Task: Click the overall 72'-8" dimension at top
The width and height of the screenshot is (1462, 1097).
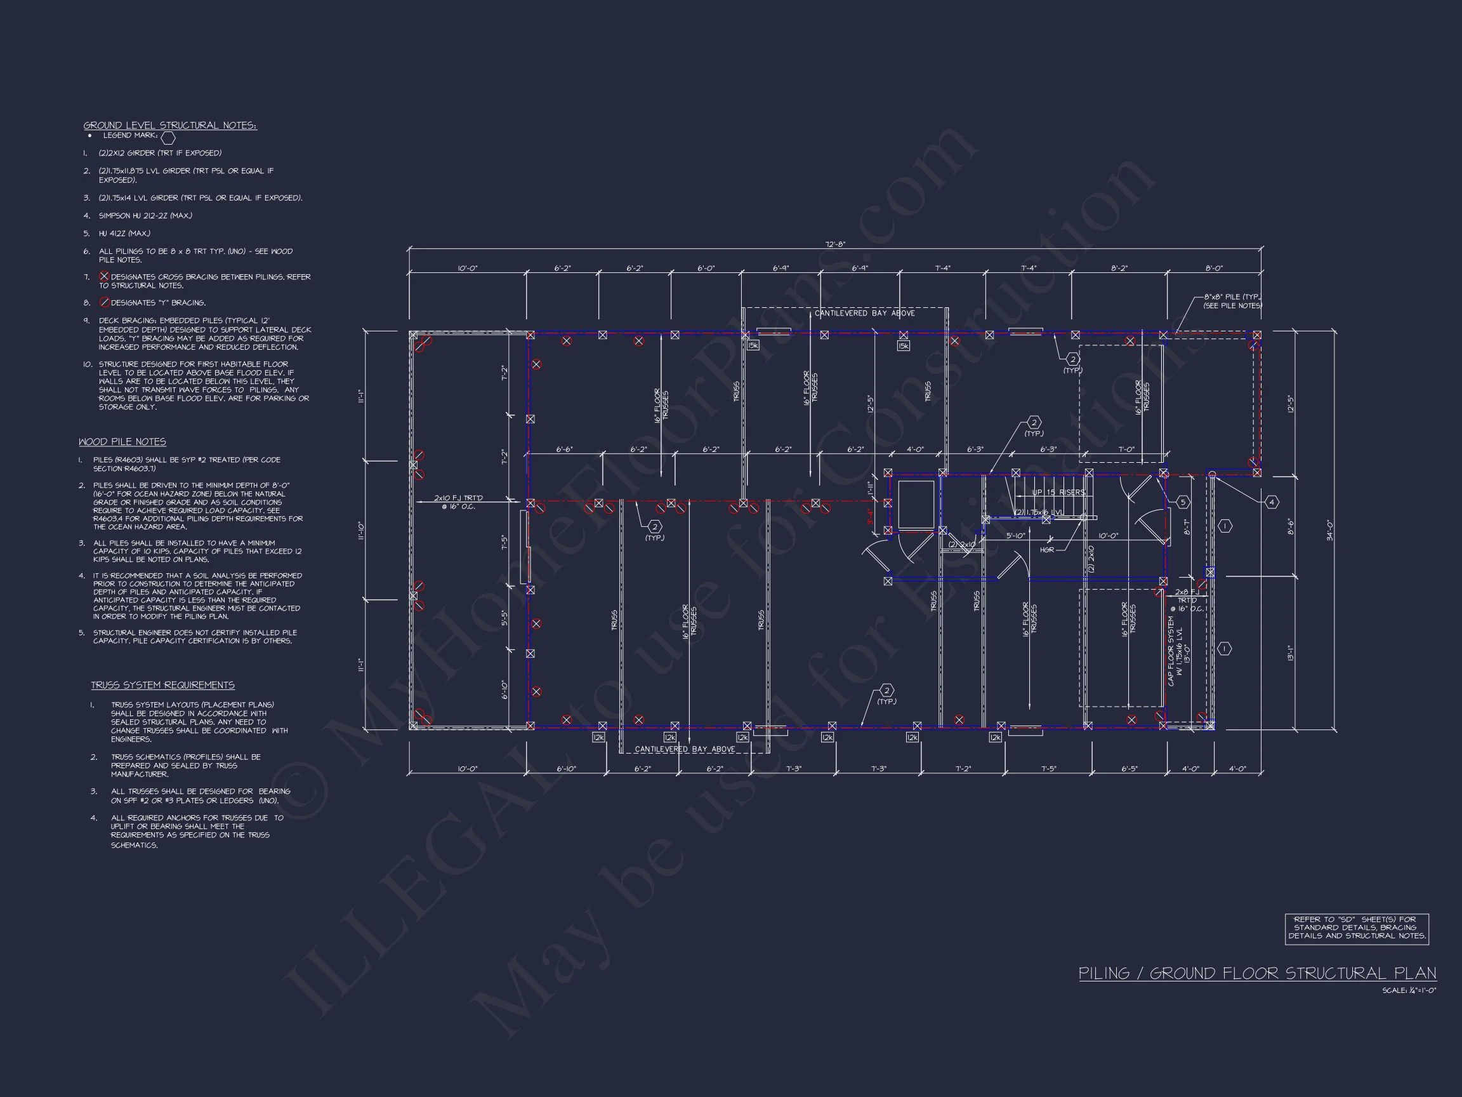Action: [x=836, y=244]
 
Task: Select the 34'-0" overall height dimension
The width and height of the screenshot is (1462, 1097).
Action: [x=1329, y=530]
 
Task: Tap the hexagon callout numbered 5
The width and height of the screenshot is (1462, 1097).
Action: [x=1182, y=502]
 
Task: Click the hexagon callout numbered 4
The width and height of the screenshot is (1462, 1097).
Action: [x=1272, y=502]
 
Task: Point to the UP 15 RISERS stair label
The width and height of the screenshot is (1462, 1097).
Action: [x=1058, y=492]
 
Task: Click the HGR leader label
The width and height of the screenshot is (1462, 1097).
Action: [x=1047, y=550]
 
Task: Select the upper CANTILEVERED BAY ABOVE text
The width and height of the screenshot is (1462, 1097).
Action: [x=864, y=313]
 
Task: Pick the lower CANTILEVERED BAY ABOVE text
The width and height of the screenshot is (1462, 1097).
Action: [x=685, y=749]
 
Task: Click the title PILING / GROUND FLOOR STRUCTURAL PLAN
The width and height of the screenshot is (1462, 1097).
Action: [x=1257, y=973]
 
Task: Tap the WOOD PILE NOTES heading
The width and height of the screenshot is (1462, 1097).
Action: [x=122, y=442]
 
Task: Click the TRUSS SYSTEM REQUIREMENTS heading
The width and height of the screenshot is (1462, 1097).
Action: [x=162, y=685]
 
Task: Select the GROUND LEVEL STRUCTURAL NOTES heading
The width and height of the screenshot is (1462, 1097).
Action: [x=170, y=125]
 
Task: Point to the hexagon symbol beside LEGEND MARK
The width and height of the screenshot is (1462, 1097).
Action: [x=169, y=138]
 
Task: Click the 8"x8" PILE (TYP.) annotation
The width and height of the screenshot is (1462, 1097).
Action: [x=1232, y=302]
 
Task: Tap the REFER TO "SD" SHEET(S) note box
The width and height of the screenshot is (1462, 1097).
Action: [x=1356, y=927]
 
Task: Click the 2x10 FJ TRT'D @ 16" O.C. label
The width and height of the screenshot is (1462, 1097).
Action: [x=458, y=502]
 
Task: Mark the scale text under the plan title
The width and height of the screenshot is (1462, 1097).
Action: [x=1409, y=990]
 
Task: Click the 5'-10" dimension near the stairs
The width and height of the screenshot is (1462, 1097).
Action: [x=1015, y=536]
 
